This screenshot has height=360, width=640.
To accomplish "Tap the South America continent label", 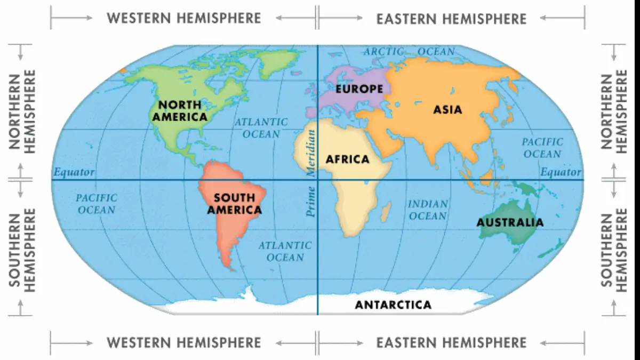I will pos(235,204).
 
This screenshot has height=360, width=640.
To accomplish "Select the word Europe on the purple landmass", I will pos(359,89).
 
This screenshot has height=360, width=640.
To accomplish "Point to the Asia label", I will pos(447,110).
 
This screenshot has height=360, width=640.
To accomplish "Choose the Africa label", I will pos(347,159).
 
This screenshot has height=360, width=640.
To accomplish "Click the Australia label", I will pos(510,222).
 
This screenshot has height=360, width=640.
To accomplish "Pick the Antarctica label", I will pos(393,305).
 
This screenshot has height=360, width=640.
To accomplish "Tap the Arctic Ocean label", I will pos(409,52).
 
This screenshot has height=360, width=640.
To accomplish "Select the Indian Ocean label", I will pos(427,210).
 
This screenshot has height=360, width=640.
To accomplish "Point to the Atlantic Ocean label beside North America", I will pos(261,128).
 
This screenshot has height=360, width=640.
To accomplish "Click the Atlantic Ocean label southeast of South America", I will pos(285,251).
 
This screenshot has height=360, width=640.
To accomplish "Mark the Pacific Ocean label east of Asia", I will pos(542,148).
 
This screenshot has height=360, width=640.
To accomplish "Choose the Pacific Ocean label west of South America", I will pos(96,204).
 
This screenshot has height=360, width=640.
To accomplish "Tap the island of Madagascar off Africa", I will pos(385,213).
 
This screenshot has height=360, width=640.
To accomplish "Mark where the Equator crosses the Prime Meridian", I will pos(318,180).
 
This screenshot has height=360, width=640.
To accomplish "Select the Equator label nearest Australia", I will pos(561,172).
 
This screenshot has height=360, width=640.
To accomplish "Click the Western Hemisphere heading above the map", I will pos(184,18).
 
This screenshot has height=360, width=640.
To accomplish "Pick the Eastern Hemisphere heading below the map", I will pos(451,342).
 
